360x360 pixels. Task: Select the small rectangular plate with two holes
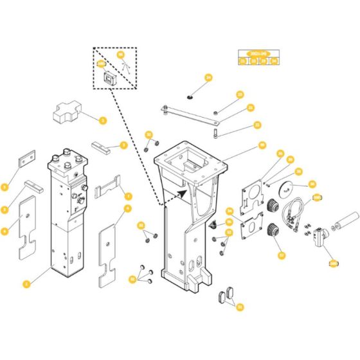click(28, 159)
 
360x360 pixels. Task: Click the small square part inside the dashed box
click(109, 78)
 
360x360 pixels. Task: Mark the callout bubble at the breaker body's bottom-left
click(26, 283)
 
